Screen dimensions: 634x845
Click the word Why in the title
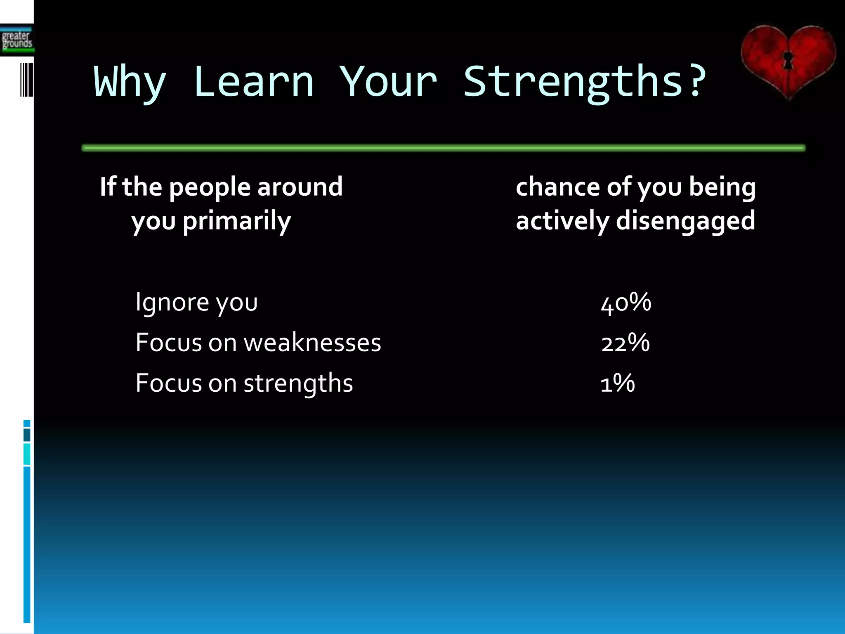click(130, 83)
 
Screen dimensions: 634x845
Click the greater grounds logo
click(17, 40)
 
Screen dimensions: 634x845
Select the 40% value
click(626, 302)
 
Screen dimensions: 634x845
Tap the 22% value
click(625, 343)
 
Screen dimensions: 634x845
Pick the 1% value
click(617, 383)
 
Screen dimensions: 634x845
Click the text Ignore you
click(196, 302)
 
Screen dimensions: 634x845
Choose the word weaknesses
click(312, 343)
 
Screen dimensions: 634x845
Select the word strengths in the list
click(298, 383)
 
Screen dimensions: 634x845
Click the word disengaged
click(685, 220)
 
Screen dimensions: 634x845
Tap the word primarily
click(236, 221)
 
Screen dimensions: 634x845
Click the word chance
click(557, 187)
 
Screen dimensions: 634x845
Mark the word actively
click(562, 220)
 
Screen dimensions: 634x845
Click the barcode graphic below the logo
click(26, 80)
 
